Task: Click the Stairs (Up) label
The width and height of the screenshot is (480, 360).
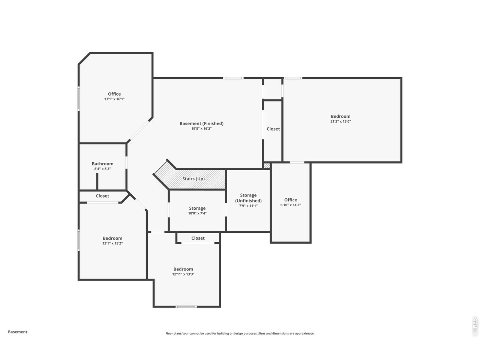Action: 193,179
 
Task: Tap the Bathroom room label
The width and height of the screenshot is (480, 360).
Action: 102,163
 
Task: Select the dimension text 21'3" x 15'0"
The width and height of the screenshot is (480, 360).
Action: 340,121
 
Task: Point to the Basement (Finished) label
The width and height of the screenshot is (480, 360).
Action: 201,123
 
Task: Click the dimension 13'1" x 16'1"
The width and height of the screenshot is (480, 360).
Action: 114,99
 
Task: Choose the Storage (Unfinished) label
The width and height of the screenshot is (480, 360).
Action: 248,198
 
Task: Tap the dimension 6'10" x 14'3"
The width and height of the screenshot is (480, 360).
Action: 290,205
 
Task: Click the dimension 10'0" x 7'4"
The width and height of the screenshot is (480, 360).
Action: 197,213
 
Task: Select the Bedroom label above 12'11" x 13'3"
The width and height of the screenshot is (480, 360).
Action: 183,269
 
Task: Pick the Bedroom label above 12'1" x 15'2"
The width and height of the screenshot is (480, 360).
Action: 112,238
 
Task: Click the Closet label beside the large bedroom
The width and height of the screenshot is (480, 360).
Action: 273,129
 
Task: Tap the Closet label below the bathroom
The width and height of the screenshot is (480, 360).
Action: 102,196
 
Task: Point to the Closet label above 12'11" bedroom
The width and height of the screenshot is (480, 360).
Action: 198,238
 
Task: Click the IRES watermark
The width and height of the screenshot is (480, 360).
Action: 474,327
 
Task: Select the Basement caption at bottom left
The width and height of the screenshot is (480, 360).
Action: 18,332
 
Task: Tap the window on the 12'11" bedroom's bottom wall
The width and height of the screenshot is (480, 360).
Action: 186,307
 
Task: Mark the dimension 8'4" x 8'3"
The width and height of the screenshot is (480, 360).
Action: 102,169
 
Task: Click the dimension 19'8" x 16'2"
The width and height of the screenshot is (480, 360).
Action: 201,129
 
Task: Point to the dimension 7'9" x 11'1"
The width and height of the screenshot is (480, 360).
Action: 248,206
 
